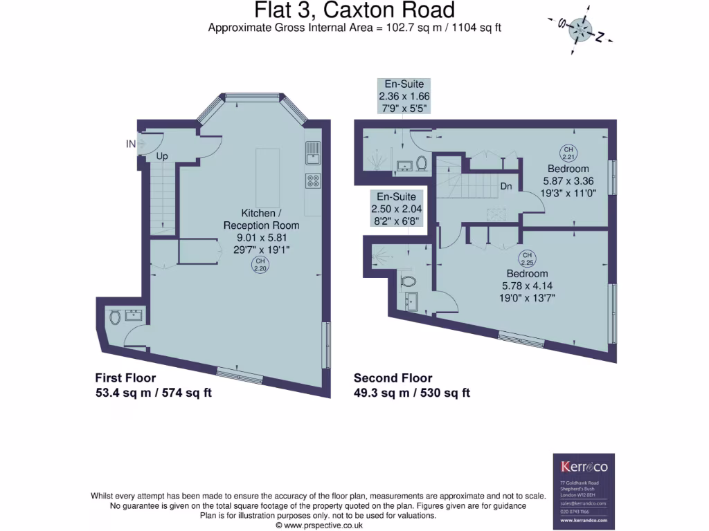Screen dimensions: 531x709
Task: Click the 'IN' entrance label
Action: pos(130,144)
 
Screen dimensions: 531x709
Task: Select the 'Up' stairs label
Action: pos(162,157)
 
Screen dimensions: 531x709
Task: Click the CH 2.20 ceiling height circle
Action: pos(260,265)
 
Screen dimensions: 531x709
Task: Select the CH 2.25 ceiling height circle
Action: pos(528,259)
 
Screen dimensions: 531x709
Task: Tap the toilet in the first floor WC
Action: pos(115,317)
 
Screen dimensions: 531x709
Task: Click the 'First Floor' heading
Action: pos(125,378)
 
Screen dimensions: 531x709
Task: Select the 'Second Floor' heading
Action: pos(393,378)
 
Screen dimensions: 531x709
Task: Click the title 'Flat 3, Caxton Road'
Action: pos(354,10)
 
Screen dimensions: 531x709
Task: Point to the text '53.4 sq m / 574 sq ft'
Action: pos(153,393)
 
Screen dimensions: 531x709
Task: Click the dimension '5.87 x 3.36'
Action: pos(568,181)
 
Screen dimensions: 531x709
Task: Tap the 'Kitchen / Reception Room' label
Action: pos(261,219)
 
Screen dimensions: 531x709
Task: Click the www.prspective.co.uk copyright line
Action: pos(319,525)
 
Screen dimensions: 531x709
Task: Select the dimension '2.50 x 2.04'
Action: pos(396,209)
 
